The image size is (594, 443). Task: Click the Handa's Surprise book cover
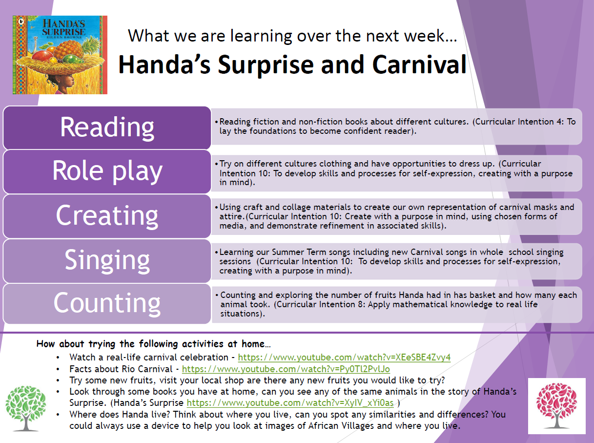60,55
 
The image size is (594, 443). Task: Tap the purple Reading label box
107,127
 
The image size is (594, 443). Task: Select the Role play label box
107,171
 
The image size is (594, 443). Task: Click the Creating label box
107,216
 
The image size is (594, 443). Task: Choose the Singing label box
107,261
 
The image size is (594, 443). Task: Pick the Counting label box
107,303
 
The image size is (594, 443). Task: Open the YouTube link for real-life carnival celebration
344,358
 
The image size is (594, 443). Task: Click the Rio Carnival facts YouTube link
286,369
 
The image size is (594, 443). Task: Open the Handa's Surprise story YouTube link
290,403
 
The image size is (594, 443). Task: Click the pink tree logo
556,405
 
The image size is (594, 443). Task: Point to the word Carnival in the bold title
419,64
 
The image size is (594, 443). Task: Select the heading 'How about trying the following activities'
153,344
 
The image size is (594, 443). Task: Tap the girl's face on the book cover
68,81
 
